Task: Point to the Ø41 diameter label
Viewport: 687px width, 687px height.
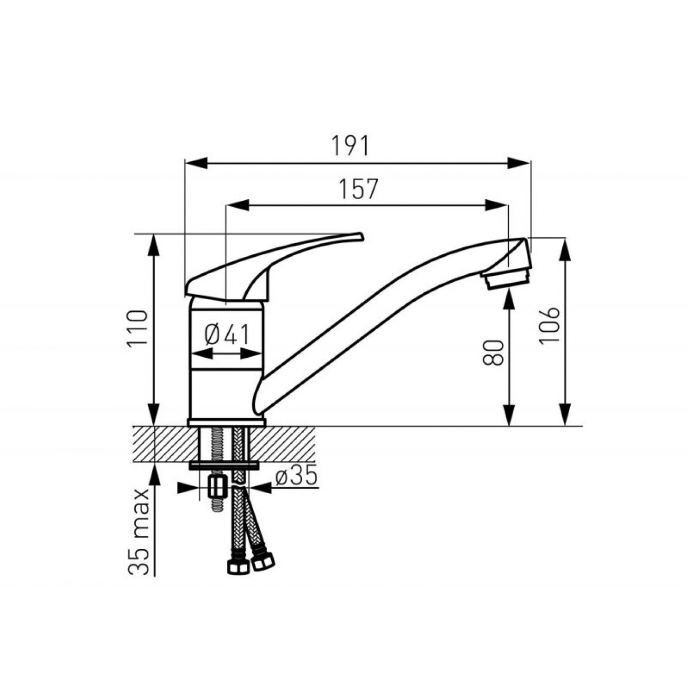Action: [x=227, y=335]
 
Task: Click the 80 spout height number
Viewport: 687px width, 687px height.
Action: [x=493, y=352]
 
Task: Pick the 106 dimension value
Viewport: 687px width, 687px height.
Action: [x=549, y=326]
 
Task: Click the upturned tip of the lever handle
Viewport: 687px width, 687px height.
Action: [x=359, y=236]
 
